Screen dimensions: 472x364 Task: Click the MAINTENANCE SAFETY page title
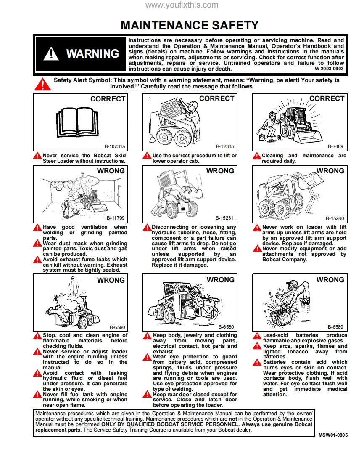tap(190, 25)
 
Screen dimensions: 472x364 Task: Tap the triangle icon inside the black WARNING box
tap(51, 54)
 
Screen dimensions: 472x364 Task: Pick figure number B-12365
tap(224, 146)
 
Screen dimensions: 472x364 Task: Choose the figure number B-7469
tap(335, 146)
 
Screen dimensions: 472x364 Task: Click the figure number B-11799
tap(115, 218)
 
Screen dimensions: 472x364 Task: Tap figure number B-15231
tap(224, 218)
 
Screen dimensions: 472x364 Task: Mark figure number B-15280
tap(335, 218)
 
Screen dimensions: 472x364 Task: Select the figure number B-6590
tap(117, 327)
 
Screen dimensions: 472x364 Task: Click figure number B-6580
tap(226, 327)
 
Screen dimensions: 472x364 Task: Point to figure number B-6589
tap(335, 327)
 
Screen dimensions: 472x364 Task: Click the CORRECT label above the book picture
tap(108, 99)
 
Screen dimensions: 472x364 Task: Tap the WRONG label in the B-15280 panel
tap(330, 171)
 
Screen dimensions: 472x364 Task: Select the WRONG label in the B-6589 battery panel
tap(330, 280)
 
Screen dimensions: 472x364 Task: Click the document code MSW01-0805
tap(333, 435)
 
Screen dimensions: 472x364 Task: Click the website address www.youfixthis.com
tap(182, 5)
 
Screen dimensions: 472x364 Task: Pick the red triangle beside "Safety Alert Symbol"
tap(42, 84)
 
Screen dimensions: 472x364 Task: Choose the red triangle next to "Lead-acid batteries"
tap(257, 336)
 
